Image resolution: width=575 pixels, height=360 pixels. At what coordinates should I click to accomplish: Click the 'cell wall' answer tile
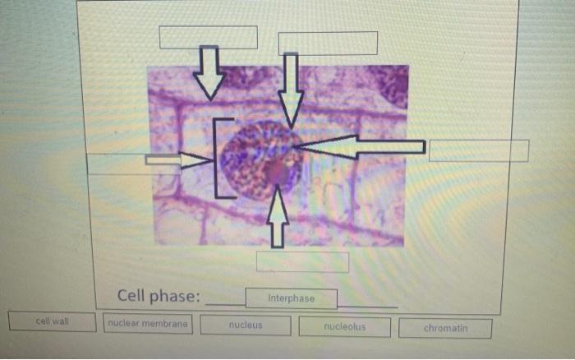(52, 321)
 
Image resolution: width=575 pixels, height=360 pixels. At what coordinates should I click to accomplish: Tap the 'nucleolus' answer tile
(345, 327)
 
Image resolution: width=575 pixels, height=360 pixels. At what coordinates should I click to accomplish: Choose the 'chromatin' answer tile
(445, 328)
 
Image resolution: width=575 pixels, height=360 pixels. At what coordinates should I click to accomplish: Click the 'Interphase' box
(291, 298)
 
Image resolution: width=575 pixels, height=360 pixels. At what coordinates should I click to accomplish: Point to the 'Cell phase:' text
(159, 295)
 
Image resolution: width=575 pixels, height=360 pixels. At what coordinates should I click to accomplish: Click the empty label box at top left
(208, 37)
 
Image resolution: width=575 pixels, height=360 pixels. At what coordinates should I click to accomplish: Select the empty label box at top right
(328, 43)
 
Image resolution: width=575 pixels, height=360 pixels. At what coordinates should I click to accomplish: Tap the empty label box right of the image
(479, 150)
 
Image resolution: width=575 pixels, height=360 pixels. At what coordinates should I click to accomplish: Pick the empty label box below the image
(302, 261)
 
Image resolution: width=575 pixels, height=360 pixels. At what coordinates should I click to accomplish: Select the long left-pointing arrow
(361, 147)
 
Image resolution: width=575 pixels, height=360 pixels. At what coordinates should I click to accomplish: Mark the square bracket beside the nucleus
(218, 159)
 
